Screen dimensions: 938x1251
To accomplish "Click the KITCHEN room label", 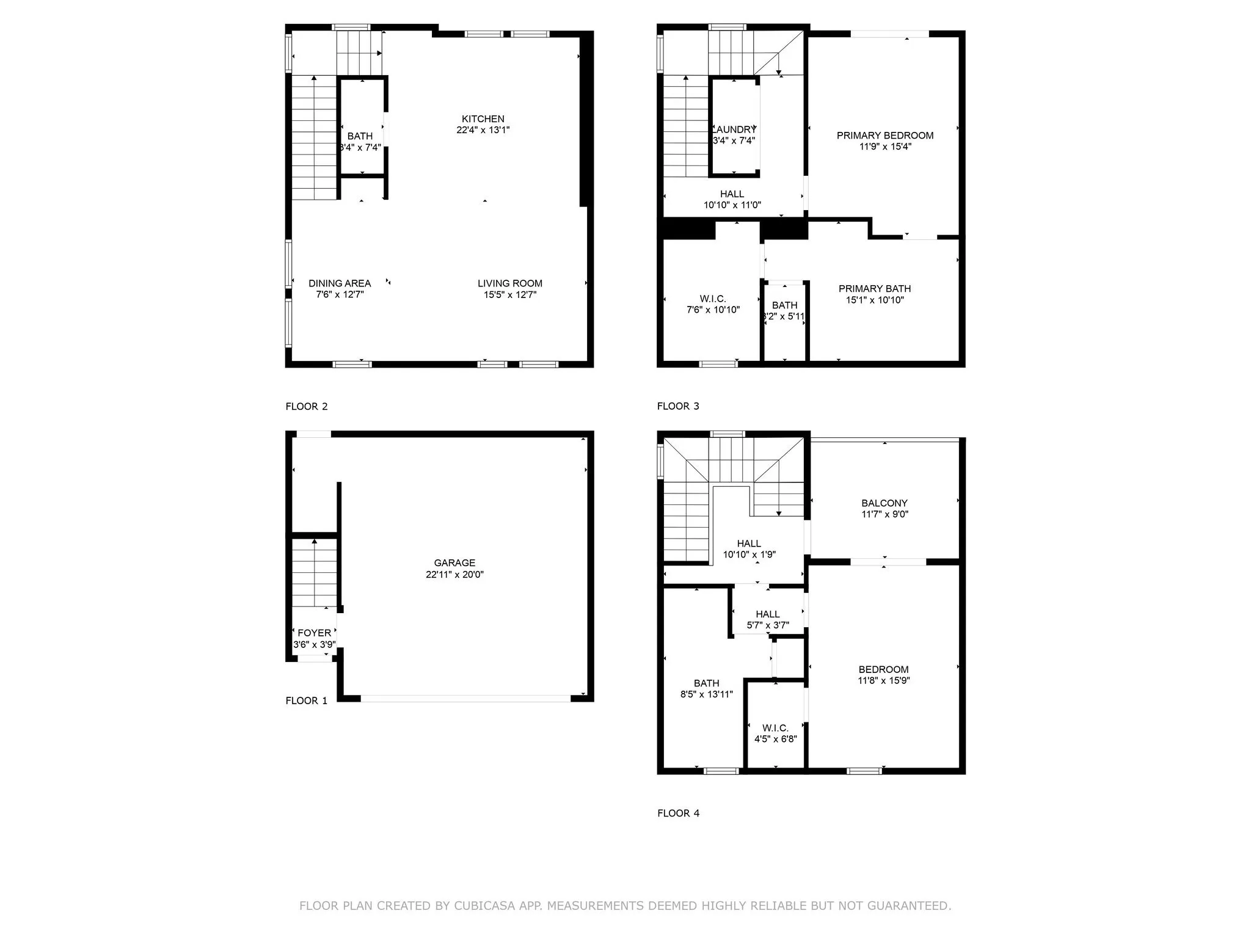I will point(483,119).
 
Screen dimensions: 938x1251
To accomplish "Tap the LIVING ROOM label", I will point(509,283).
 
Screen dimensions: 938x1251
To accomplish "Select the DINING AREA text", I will point(340,283).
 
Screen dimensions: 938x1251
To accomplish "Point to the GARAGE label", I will point(454,563).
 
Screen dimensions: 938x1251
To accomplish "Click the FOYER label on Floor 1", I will point(314,633).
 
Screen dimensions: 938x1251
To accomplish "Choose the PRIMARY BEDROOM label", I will point(884,136).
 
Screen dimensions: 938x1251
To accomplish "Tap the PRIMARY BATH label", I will point(874,289).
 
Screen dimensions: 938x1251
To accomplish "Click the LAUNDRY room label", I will point(734,129).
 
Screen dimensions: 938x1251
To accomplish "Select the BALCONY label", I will point(884,503).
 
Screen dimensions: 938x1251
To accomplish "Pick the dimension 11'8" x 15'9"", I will point(883,680).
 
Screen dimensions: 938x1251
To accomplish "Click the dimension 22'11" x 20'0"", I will point(454,575).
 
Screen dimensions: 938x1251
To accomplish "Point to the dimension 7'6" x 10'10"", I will point(713,310).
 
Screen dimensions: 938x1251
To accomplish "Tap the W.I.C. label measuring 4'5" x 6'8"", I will point(775,728).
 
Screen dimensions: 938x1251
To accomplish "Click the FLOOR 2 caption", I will point(307,407).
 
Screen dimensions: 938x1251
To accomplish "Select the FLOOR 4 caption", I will point(678,813).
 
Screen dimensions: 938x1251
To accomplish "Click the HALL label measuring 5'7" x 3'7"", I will point(767,614).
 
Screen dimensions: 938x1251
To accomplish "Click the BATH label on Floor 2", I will point(360,136).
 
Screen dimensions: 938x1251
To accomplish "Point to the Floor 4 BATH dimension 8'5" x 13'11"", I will point(706,694).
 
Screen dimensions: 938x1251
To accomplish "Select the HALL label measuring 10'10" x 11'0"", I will point(732,194).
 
